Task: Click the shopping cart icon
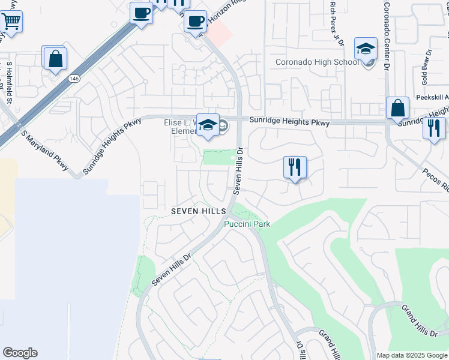tap(10, 22)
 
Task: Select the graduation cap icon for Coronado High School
tap(366, 49)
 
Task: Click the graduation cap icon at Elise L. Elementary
tap(208, 125)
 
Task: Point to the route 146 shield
tap(74, 79)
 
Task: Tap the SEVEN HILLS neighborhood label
tap(198, 211)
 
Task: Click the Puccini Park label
tap(247, 224)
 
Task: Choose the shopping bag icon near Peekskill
tap(397, 109)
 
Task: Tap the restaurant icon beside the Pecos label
tap(433, 128)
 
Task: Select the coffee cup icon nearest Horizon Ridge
tap(194, 22)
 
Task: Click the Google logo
tap(20, 353)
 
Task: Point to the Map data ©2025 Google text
tap(411, 355)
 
